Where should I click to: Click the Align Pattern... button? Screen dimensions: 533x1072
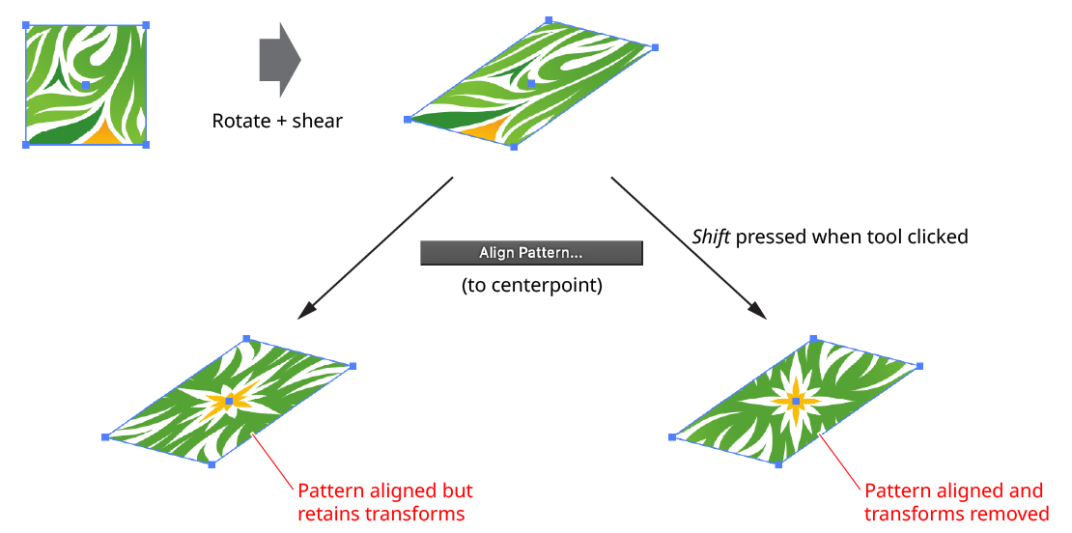coord(531,253)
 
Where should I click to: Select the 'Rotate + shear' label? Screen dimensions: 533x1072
coord(277,122)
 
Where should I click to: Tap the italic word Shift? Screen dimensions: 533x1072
coord(712,237)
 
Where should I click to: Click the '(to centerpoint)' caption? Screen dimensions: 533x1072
coord(531,286)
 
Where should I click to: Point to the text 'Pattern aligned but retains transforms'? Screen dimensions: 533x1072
coord(384,502)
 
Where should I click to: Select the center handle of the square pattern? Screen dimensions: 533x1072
coord(86,85)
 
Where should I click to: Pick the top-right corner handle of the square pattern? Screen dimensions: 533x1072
coord(146,25)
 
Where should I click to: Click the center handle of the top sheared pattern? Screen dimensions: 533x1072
coord(531,84)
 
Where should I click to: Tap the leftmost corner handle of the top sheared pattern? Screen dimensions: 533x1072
coord(408,120)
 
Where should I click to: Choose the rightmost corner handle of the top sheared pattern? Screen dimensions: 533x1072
coord(655,47)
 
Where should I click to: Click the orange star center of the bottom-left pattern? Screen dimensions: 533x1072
coord(229,401)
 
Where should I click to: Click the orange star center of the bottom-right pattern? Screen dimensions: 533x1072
coord(796,401)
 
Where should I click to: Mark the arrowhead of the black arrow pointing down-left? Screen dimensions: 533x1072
coord(305,311)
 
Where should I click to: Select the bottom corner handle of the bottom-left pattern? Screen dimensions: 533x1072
coord(212,465)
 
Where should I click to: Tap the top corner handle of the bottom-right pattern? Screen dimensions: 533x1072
coord(813,339)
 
